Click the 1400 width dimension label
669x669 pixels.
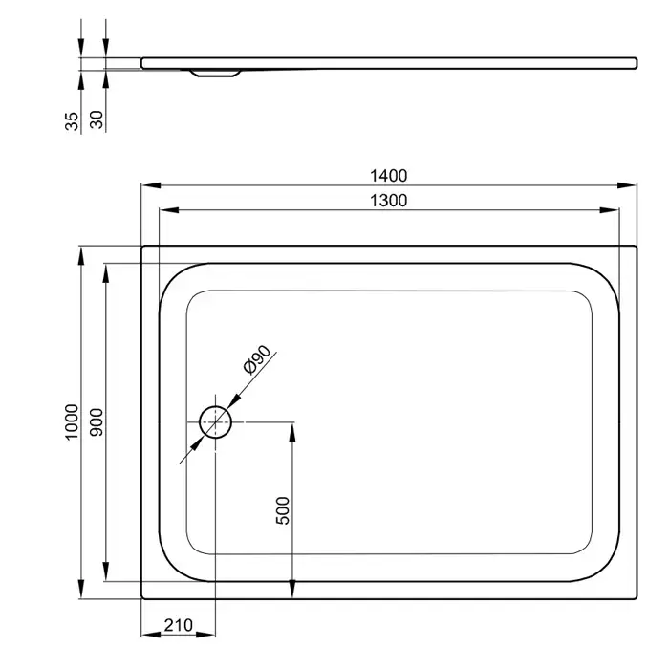pyautogui.click(x=388, y=176)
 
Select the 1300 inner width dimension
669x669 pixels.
pyautogui.click(x=388, y=201)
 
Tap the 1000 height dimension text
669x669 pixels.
pyautogui.click(x=72, y=422)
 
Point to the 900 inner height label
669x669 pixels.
pyautogui.click(x=97, y=422)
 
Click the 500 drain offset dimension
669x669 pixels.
pyautogui.click(x=283, y=510)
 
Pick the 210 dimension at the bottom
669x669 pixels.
pyautogui.click(x=179, y=625)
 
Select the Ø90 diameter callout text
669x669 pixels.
pyautogui.click(x=256, y=359)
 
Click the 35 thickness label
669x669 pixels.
pyautogui.click(x=72, y=121)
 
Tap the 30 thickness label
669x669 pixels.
pyautogui.click(x=97, y=119)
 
